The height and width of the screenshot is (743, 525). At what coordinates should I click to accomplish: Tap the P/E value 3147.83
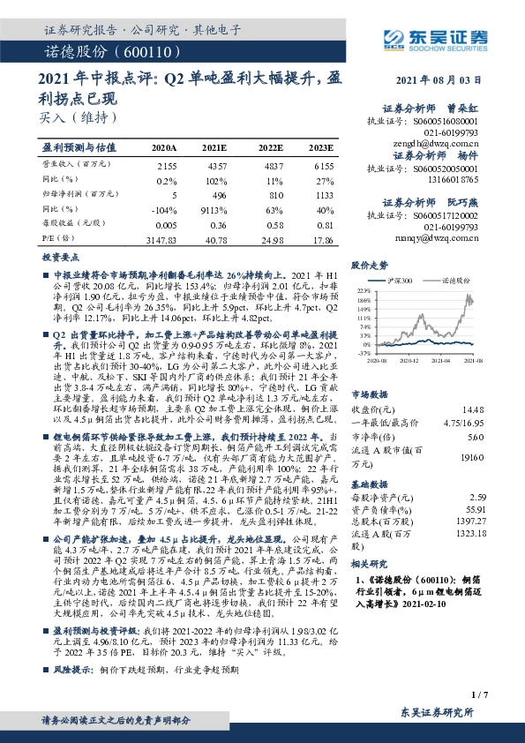pos(163,239)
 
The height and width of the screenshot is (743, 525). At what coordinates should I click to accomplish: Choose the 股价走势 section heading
pos(370,264)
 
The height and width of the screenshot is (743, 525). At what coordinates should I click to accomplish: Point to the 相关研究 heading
pos(370,562)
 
